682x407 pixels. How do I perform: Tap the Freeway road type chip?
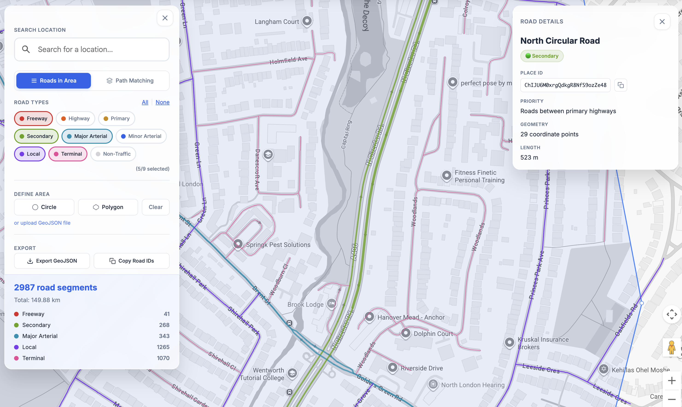click(x=33, y=118)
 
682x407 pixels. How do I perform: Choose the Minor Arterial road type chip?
click(x=141, y=136)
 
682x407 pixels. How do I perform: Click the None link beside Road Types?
click(x=163, y=102)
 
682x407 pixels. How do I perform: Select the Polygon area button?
click(x=108, y=207)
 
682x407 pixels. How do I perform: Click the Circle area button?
click(x=44, y=207)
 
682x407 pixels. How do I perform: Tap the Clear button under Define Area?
click(x=156, y=207)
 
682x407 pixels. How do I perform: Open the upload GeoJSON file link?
click(x=42, y=223)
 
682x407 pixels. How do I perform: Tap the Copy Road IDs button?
click(x=131, y=261)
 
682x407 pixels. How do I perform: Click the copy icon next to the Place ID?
click(x=621, y=85)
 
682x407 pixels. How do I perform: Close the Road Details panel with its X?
click(x=662, y=22)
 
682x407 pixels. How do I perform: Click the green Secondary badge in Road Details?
click(x=542, y=56)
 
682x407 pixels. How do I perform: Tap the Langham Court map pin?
click(x=307, y=21)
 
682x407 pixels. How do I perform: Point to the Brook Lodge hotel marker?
click(x=331, y=303)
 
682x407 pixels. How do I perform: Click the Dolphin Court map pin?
click(x=406, y=333)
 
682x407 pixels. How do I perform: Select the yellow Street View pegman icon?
click(x=672, y=347)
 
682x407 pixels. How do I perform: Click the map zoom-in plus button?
click(x=672, y=380)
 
